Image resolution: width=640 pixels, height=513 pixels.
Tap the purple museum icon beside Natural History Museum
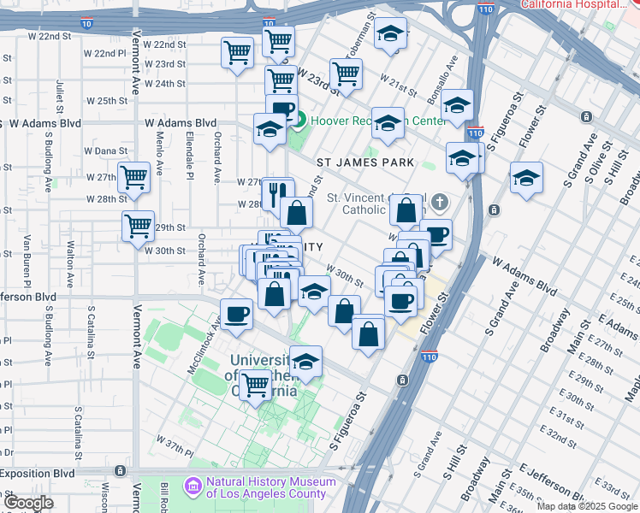pyautogui.click(x=193, y=487)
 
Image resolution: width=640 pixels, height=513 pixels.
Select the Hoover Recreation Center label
pyautogui.click(x=376, y=121)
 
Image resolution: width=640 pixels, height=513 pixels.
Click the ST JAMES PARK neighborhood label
pyautogui.click(x=365, y=162)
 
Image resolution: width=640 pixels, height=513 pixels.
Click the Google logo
pyautogui.click(x=27, y=503)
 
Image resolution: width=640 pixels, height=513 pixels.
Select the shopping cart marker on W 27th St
pyautogui.click(x=134, y=178)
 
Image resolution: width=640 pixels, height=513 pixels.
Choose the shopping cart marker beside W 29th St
pyautogui.click(x=138, y=227)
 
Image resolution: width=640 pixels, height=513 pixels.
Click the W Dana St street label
pyautogui.click(x=107, y=151)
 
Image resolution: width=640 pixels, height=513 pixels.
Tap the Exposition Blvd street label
pyautogui.click(x=38, y=473)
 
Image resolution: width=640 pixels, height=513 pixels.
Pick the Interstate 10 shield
pyautogui.click(x=269, y=23)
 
